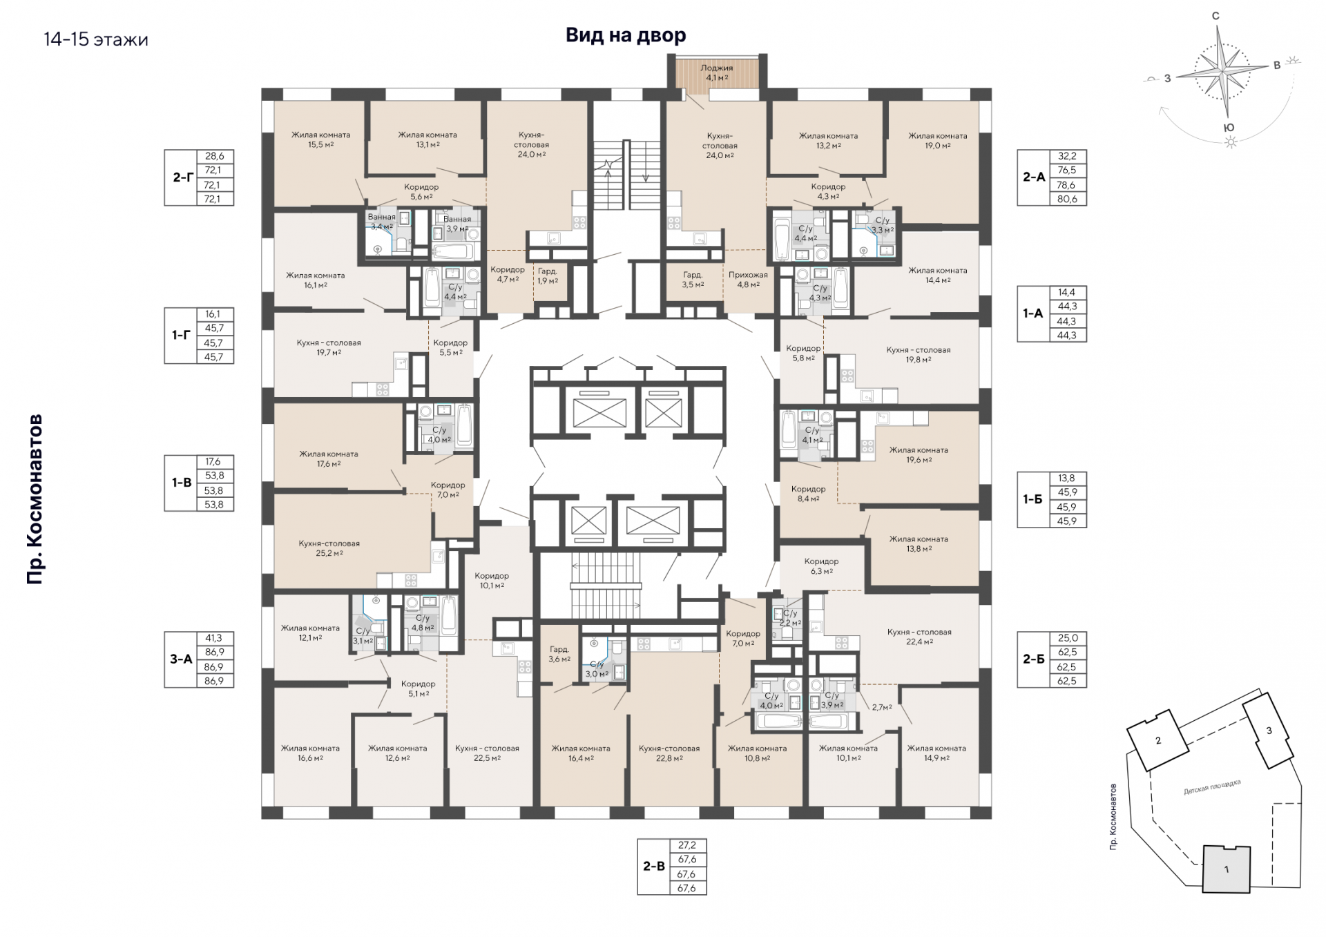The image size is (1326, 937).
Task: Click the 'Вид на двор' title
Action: click(626, 35)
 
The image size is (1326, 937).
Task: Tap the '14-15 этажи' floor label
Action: click(96, 39)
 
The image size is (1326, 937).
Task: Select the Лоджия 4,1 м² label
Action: click(717, 73)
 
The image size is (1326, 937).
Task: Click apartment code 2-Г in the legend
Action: click(182, 177)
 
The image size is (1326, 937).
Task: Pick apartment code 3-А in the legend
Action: click(181, 659)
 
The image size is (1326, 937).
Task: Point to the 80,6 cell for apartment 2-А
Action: click(1067, 199)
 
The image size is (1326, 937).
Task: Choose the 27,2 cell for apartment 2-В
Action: click(686, 845)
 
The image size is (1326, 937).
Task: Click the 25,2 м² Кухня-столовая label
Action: click(329, 548)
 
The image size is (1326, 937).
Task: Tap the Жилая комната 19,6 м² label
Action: click(919, 454)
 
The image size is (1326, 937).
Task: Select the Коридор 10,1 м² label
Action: click(492, 580)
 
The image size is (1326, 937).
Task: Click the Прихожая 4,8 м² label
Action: click(748, 279)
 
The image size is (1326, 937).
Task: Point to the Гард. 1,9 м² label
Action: click(548, 276)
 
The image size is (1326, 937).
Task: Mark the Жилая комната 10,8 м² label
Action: click(757, 753)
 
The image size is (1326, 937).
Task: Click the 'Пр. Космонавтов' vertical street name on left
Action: click(35, 499)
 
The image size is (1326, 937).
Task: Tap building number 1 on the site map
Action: click(1227, 869)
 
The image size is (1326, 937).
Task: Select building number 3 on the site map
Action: click(1269, 731)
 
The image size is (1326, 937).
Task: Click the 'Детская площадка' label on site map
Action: click(1212, 787)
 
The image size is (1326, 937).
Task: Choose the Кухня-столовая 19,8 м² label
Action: click(919, 354)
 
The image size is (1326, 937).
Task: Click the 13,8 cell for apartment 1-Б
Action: click(1067, 478)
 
